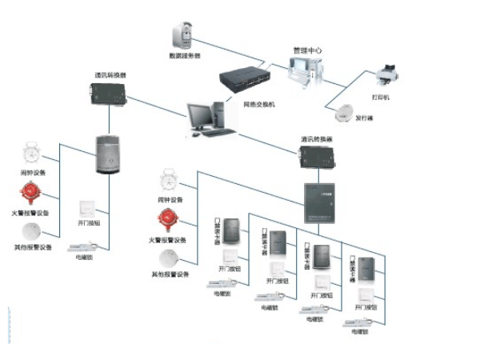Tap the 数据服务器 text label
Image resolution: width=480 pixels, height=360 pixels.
pyautogui.click(x=183, y=56)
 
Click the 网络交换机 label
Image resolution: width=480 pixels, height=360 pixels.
pyautogui.click(x=260, y=104)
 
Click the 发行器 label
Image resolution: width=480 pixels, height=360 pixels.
pyautogui.click(x=365, y=117)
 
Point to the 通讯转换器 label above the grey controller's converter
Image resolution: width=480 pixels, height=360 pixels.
pyautogui.click(x=108, y=76)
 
